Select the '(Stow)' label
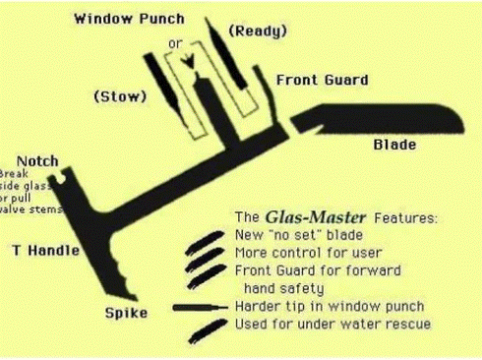(x=122, y=97)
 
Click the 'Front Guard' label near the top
(x=322, y=81)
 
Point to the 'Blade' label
(x=392, y=145)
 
